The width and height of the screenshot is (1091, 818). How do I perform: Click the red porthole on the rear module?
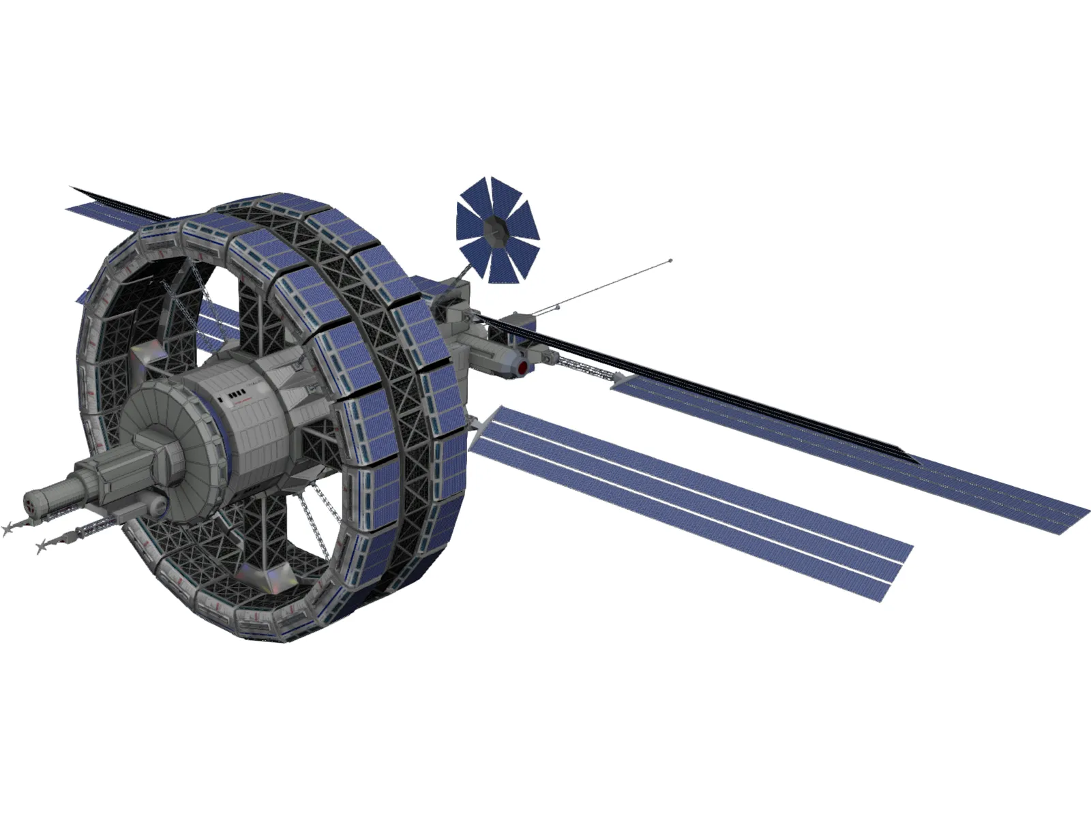(523, 367)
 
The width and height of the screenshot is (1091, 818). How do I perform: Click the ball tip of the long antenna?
(671, 260)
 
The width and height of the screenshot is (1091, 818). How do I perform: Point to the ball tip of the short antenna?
(558, 307)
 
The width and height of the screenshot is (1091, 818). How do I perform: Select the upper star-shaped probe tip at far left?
(8, 528)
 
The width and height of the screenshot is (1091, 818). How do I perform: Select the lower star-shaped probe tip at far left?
(42, 545)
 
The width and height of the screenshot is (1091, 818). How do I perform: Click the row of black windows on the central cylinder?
(235, 395)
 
